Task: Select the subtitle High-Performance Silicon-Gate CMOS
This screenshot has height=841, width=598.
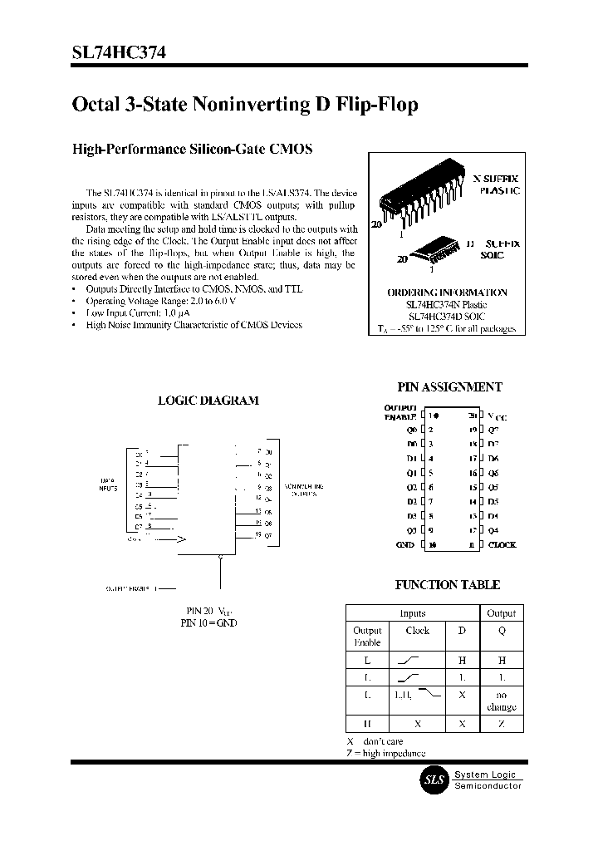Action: click(193, 150)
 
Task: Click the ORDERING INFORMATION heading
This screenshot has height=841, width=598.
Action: click(447, 293)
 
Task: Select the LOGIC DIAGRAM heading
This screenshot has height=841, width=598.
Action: click(208, 401)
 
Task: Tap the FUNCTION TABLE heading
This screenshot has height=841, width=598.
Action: click(447, 585)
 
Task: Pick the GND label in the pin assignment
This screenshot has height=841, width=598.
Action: click(404, 545)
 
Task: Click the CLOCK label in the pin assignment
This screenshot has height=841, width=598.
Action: click(502, 545)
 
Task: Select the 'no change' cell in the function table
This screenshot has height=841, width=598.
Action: click(501, 701)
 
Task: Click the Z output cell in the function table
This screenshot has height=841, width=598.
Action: click(501, 724)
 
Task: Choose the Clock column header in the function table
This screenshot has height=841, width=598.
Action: click(417, 631)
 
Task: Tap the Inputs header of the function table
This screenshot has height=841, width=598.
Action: click(412, 613)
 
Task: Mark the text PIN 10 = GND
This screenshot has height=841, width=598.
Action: click(208, 622)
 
